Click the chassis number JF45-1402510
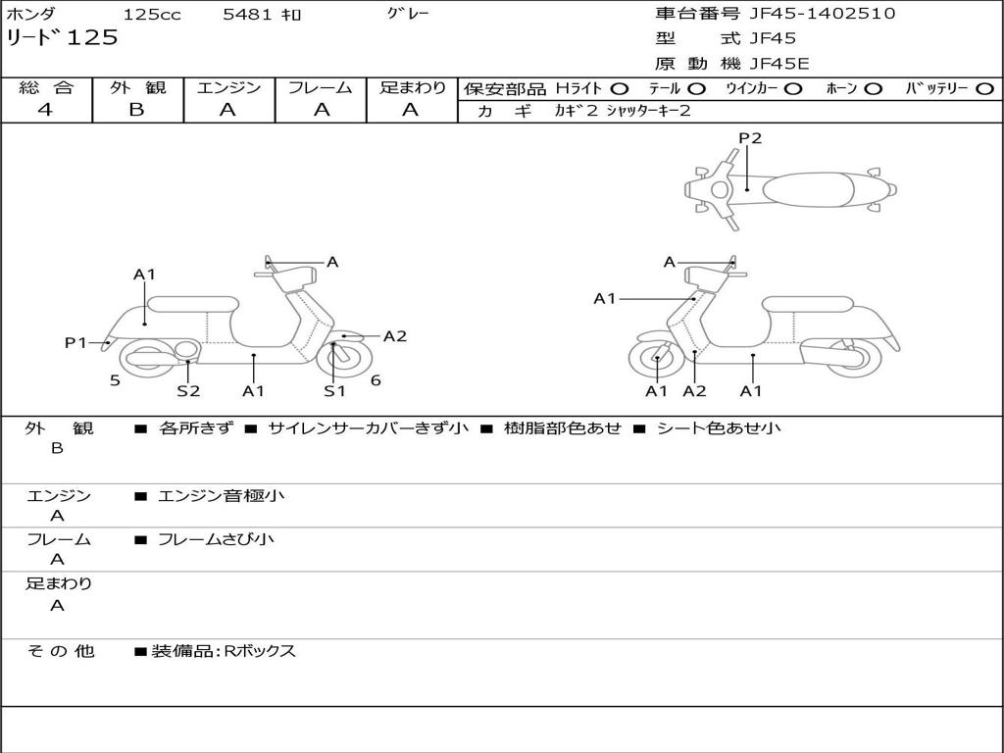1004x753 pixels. (x=822, y=14)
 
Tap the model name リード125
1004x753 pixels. (x=62, y=38)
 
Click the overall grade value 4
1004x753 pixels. (x=45, y=110)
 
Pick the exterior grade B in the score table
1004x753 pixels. (x=136, y=110)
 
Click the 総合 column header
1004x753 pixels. (x=46, y=88)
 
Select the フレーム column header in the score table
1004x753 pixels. (x=321, y=88)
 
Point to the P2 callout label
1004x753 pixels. (x=750, y=138)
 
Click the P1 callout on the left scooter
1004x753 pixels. (x=76, y=342)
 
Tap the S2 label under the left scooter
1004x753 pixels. (x=188, y=391)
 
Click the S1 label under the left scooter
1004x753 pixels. (x=335, y=391)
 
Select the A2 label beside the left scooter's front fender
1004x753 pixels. (x=395, y=336)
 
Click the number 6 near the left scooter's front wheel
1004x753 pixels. (x=376, y=380)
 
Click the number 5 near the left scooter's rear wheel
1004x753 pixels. (x=115, y=380)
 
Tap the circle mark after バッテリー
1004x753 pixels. (x=984, y=88)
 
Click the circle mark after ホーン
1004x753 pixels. (x=875, y=88)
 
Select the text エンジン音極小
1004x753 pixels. (x=222, y=496)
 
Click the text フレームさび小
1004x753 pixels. (x=217, y=539)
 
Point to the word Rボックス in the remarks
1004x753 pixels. (x=260, y=651)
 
